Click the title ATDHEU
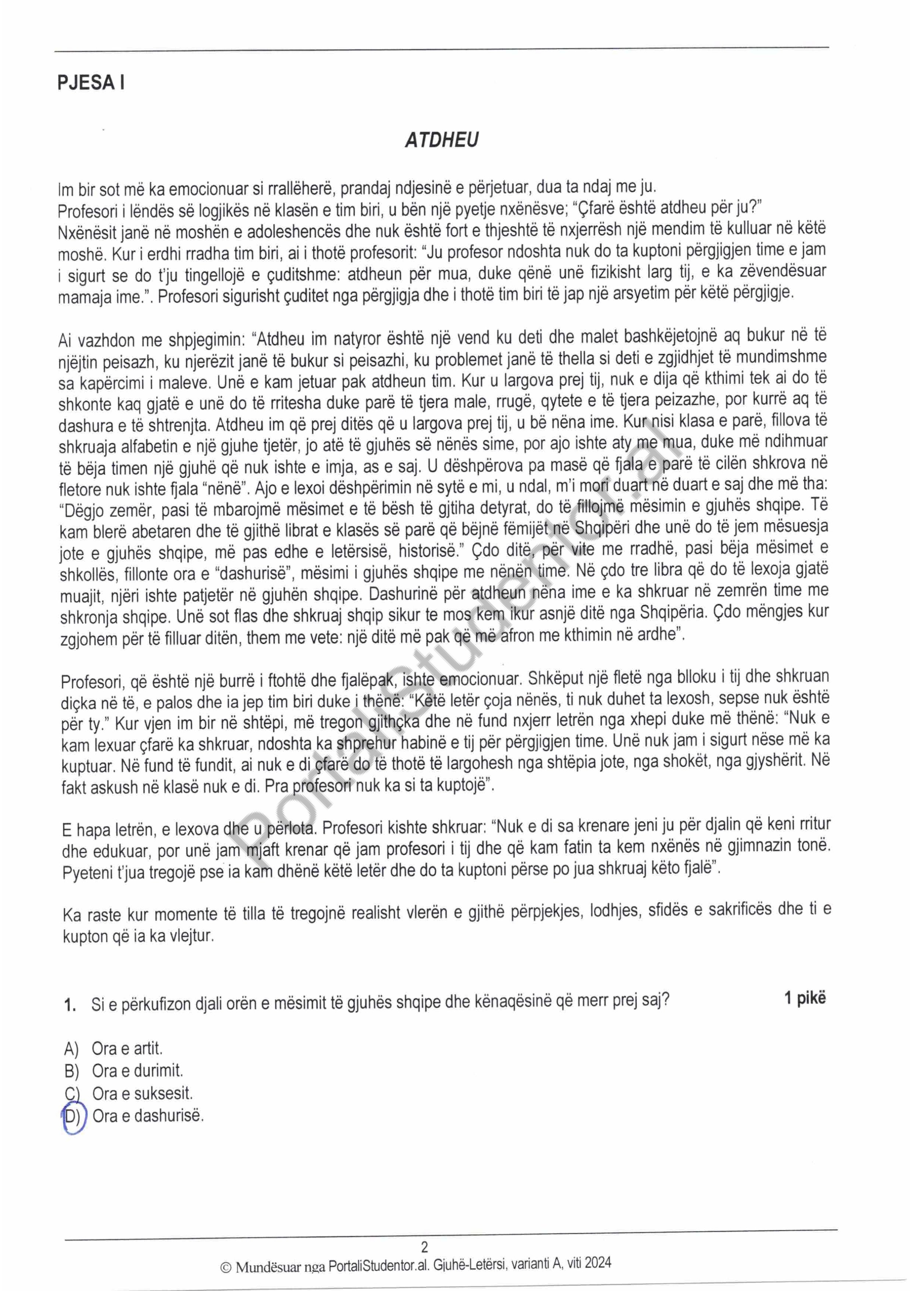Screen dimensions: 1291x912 click(x=442, y=140)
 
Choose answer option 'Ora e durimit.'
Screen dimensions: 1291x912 click(x=138, y=1071)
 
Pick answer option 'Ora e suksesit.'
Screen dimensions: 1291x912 click(x=142, y=1094)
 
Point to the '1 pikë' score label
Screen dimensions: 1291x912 click(x=805, y=998)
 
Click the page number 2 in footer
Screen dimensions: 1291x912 click(x=424, y=1247)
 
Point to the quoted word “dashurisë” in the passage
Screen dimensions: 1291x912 click(x=256, y=574)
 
